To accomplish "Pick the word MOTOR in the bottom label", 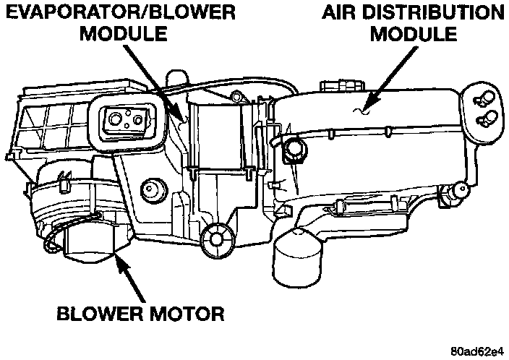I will [184, 314].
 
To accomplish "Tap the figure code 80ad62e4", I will [474, 352].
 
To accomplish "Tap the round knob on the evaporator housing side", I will [152, 189].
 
